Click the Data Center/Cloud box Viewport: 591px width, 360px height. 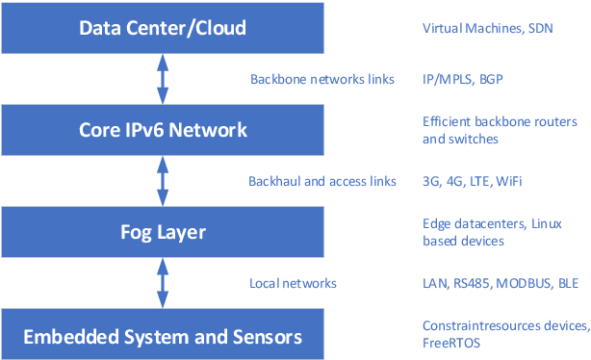tap(163, 27)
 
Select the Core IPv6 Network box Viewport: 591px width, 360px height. tap(163, 130)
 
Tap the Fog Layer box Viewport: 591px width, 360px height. tap(163, 233)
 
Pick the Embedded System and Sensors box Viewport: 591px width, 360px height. tap(163, 336)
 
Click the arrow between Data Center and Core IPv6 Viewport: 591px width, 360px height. tap(163, 79)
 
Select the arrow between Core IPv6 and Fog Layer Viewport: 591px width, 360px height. tap(163, 181)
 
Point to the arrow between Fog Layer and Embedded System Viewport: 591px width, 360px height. tap(163, 284)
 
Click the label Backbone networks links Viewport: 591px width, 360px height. tap(321, 79)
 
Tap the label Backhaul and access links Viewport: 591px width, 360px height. tap(322, 181)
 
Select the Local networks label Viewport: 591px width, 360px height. tap(293, 284)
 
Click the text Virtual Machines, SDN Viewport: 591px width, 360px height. tap(487, 28)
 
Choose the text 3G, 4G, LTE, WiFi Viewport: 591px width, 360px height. tap(472, 181)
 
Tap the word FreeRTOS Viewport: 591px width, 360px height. tap(450, 343)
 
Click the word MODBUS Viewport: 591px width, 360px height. tap(523, 284)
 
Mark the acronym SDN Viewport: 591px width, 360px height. tap(539, 28)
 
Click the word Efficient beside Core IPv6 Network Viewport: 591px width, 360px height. tap(447, 121)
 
